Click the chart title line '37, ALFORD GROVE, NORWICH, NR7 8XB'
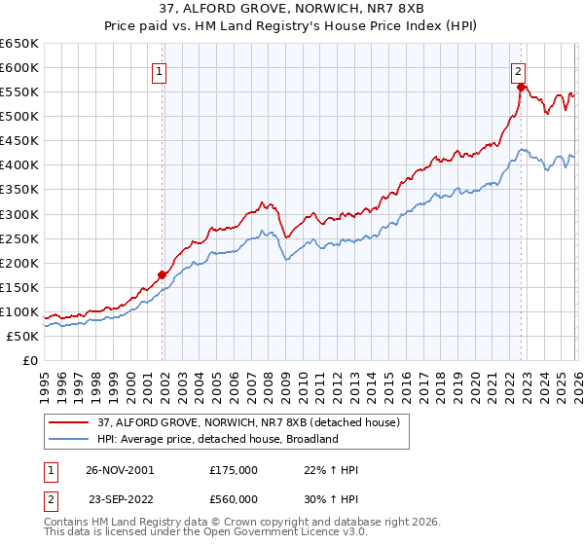(x=292, y=9)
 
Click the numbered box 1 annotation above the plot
(x=159, y=70)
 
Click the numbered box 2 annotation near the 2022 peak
(x=519, y=70)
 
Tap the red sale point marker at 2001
(x=162, y=274)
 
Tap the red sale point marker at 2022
(x=521, y=87)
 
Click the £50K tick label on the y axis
(x=22, y=336)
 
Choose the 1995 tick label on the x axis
(x=45, y=380)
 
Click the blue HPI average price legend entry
(x=216, y=439)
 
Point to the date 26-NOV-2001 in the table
(x=120, y=470)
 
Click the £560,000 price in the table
(x=234, y=499)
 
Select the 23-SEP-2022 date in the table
(x=120, y=499)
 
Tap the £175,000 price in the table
(x=234, y=470)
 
